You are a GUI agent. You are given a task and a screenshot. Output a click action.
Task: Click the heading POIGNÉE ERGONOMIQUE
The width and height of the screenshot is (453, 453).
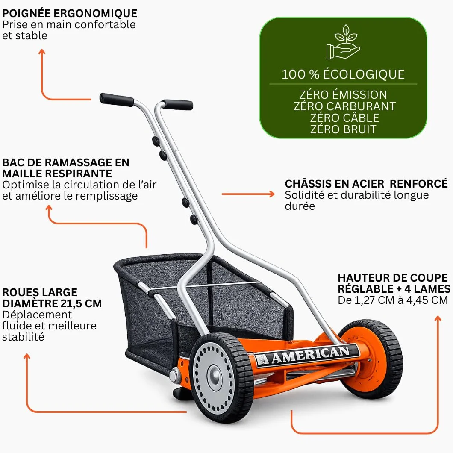(70, 13)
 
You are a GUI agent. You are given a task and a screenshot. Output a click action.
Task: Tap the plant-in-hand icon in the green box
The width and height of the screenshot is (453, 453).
(343, 42)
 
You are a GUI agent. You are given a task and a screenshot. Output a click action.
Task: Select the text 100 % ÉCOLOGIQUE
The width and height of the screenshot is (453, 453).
(343, 74)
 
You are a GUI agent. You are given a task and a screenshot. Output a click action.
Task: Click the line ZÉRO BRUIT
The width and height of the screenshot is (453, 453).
(343, 129)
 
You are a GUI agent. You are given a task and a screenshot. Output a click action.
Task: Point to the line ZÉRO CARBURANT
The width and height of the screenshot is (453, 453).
(344, 106)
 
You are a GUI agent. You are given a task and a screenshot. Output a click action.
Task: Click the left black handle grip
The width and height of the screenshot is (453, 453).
(117, 100)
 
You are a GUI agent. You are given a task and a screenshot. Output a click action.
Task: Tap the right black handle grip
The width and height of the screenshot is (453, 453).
(177, 105)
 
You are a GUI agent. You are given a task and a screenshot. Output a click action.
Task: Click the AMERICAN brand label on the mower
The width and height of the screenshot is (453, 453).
(307, 356)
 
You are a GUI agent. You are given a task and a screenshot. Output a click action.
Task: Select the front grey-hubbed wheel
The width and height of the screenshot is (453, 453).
(221, 377)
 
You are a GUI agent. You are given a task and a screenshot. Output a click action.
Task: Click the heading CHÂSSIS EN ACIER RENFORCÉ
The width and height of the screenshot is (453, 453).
(366, 184)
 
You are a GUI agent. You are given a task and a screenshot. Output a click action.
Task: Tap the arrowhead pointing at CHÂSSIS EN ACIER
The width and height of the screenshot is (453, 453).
(271, 194)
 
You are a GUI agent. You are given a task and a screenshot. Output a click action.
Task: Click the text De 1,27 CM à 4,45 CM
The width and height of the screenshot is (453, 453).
(393, 300)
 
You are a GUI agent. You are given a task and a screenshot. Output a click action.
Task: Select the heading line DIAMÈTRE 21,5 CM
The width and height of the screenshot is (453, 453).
(52, 303)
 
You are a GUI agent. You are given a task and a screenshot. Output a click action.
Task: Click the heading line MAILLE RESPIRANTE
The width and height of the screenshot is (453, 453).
(57, 174)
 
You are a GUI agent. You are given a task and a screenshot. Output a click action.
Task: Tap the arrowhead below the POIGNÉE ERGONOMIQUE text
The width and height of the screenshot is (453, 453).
(42, 52)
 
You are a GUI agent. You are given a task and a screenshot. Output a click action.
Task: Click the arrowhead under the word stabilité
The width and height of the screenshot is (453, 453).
(27, 356)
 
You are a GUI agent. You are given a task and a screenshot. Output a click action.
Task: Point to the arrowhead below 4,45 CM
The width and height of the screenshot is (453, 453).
(438, 318)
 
